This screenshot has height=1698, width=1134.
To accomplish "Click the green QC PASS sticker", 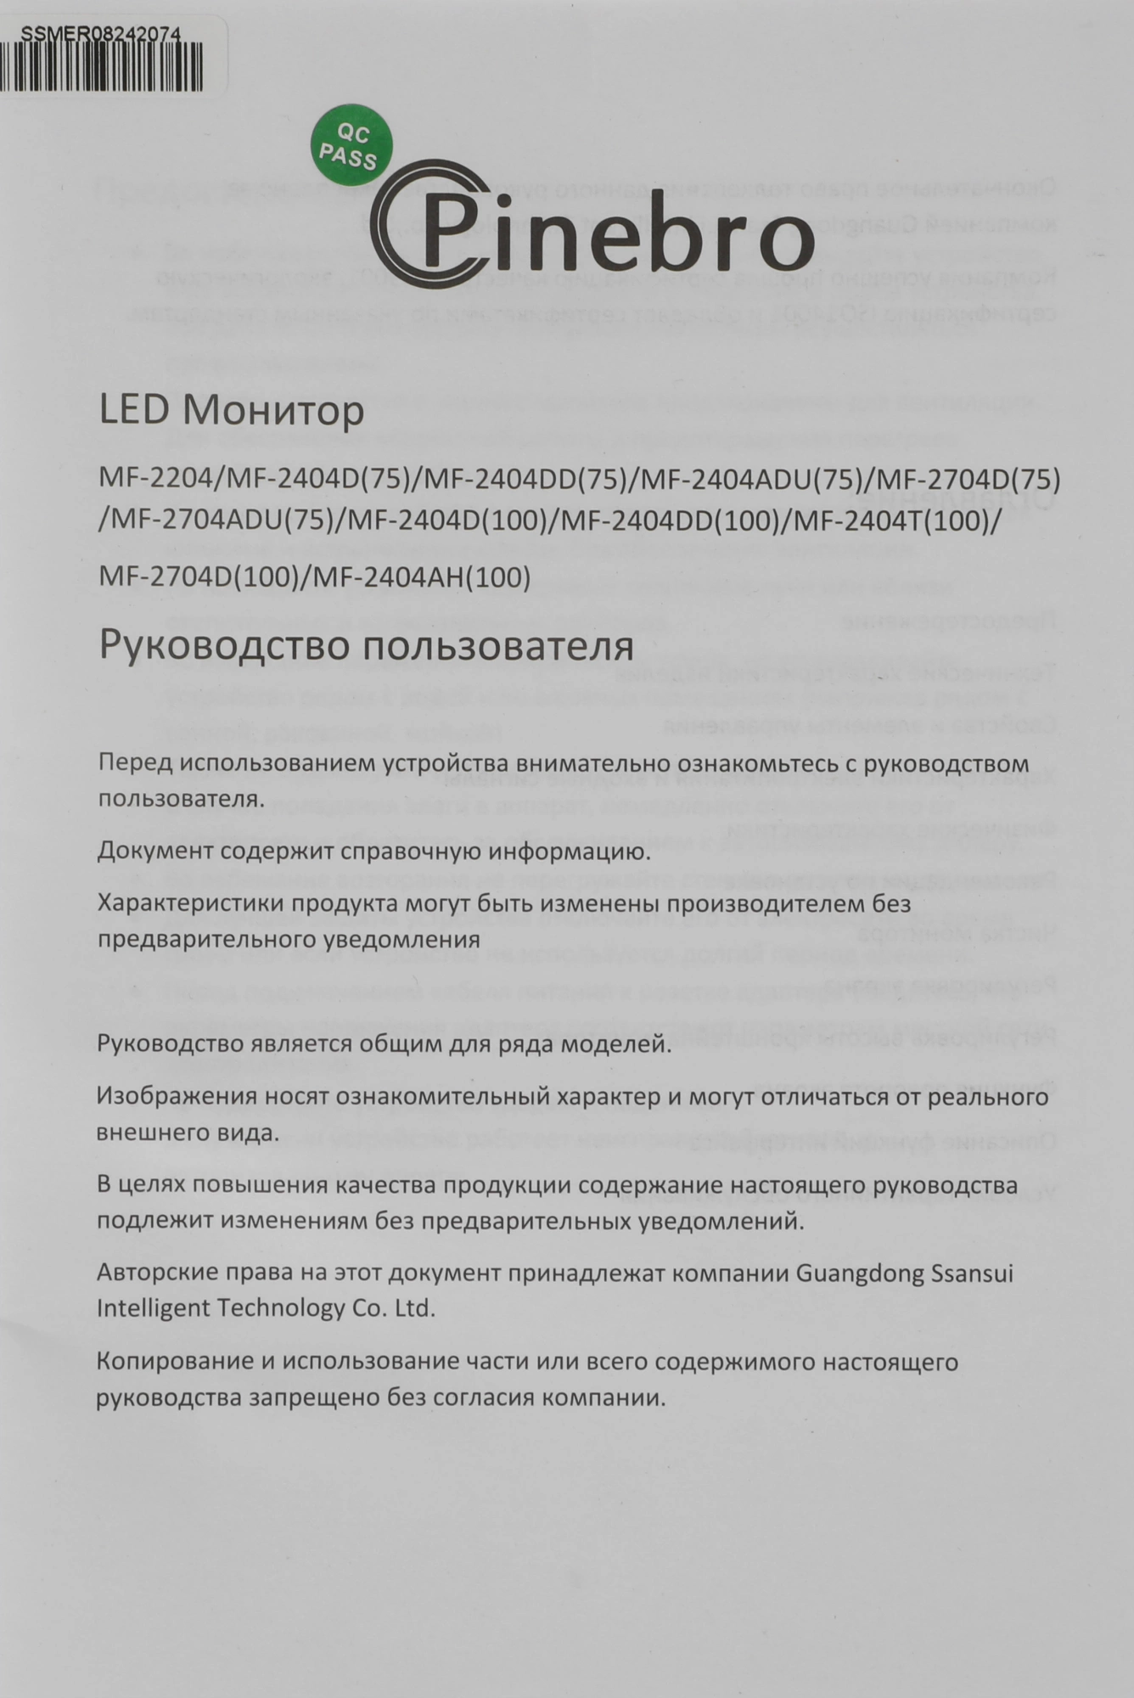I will coord(351,144).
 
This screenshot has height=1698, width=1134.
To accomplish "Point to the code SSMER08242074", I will coord(100,35).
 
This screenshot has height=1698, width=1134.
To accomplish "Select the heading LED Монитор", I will coord(232,411).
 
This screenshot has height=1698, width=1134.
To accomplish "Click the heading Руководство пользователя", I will coord(366,646).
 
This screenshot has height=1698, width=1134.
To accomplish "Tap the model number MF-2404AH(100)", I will coord(422,577).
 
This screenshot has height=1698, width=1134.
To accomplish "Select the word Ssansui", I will coord(973,1273).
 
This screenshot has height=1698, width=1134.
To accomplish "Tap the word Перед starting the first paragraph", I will coord(135,762).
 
